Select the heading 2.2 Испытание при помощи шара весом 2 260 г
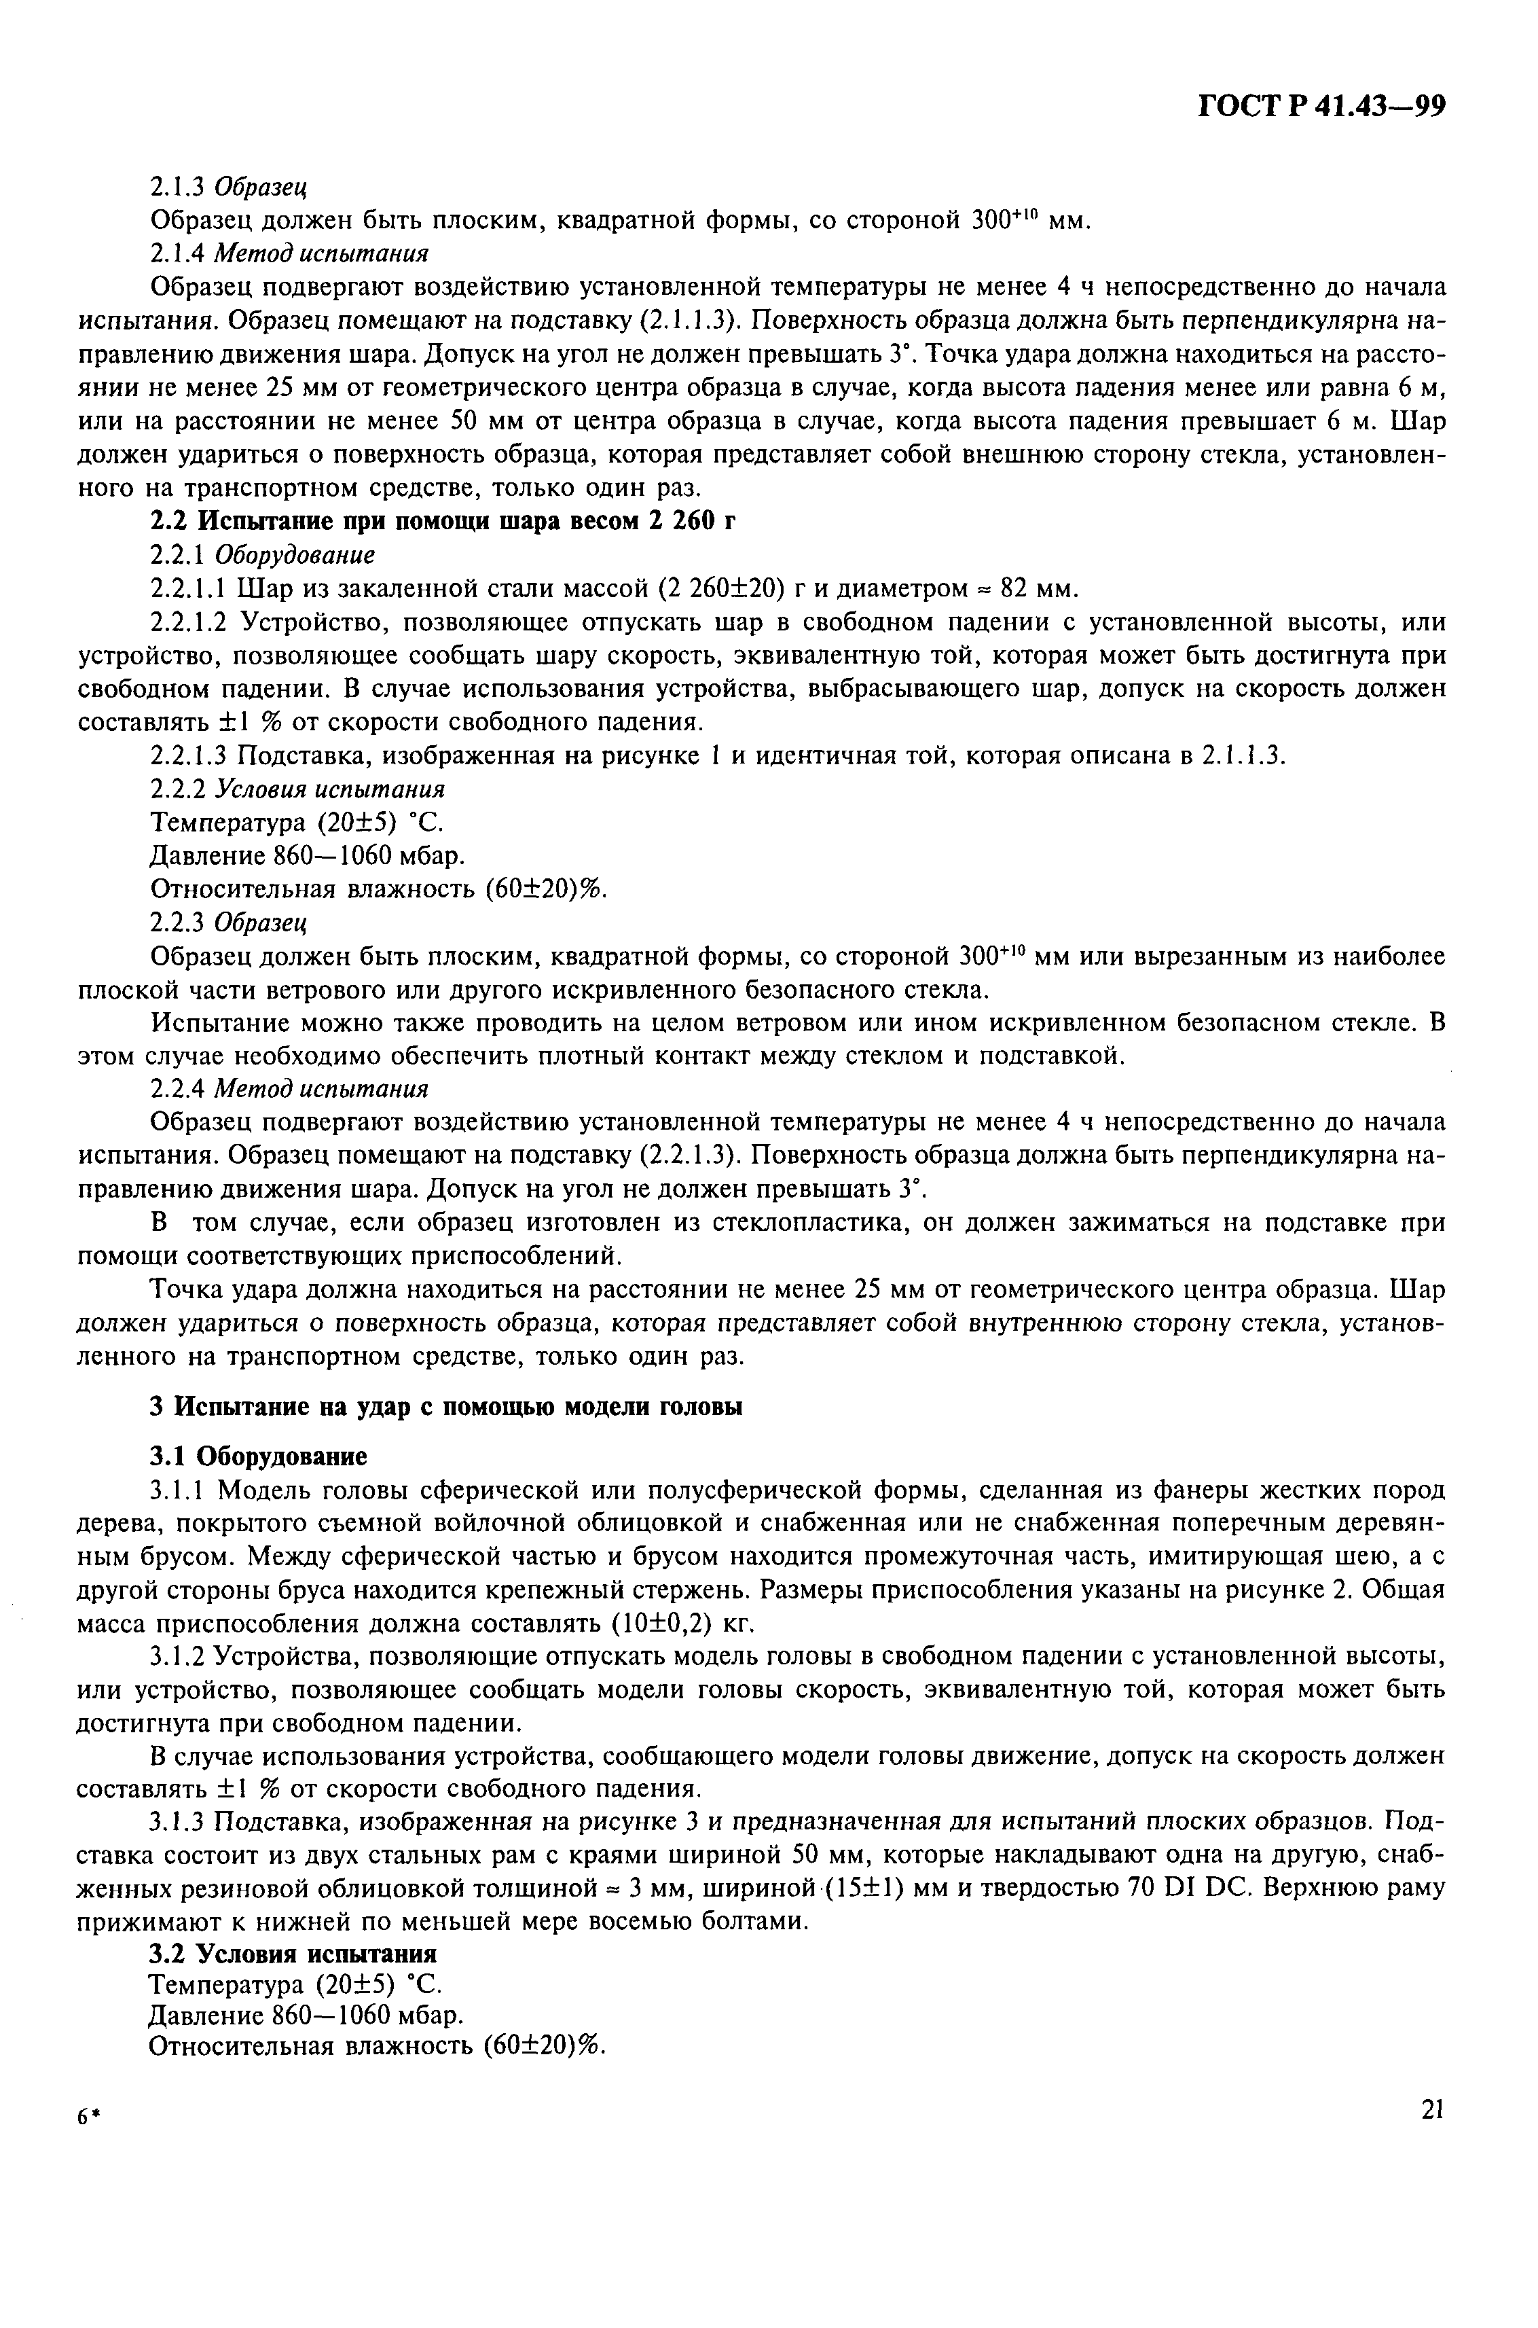point(442,521)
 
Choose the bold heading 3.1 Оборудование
point(258,1456)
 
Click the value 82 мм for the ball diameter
point(1036,588)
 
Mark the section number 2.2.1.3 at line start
point(188,755)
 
